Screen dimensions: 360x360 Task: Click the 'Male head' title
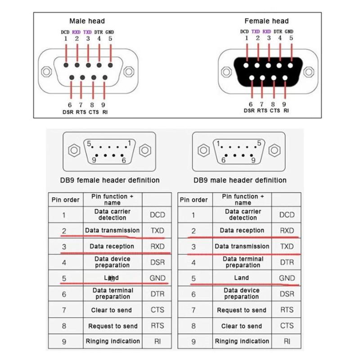point(87,21)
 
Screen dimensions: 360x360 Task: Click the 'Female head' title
point(266,21)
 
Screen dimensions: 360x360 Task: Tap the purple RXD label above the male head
point(76,32)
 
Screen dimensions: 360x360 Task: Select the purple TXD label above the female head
point(256,31)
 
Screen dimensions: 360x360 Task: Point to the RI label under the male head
point(105,112)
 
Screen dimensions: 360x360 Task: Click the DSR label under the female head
point(249,111)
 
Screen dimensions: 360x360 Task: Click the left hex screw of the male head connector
point(46,72)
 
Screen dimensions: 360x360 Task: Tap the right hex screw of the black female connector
point(309,72)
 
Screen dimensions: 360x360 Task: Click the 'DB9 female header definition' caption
point(110,180)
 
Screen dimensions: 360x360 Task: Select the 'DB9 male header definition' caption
point(240,180)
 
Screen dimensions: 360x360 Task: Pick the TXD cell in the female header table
point(157,230)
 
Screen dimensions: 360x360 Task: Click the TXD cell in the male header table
point(287,246)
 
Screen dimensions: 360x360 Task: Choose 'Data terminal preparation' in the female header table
point(113,293)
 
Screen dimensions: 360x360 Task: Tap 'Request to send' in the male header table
point(242,310)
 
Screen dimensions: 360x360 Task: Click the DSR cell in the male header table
point(287,294)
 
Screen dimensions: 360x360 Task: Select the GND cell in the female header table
point(157,278)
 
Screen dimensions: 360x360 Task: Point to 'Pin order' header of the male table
point(194,200)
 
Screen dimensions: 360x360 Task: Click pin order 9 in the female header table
point(64,342)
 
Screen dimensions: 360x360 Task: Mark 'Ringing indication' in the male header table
point(242,342)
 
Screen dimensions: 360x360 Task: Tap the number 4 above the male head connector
point(99,39)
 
